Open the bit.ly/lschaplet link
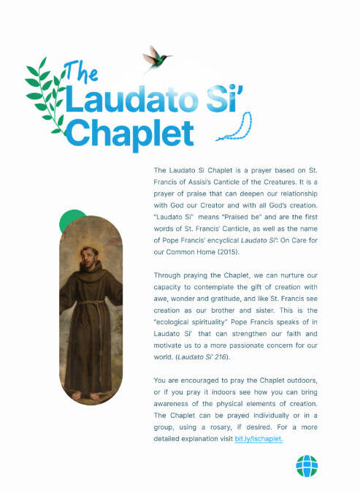pyautogui.click(x=259, y=438)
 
